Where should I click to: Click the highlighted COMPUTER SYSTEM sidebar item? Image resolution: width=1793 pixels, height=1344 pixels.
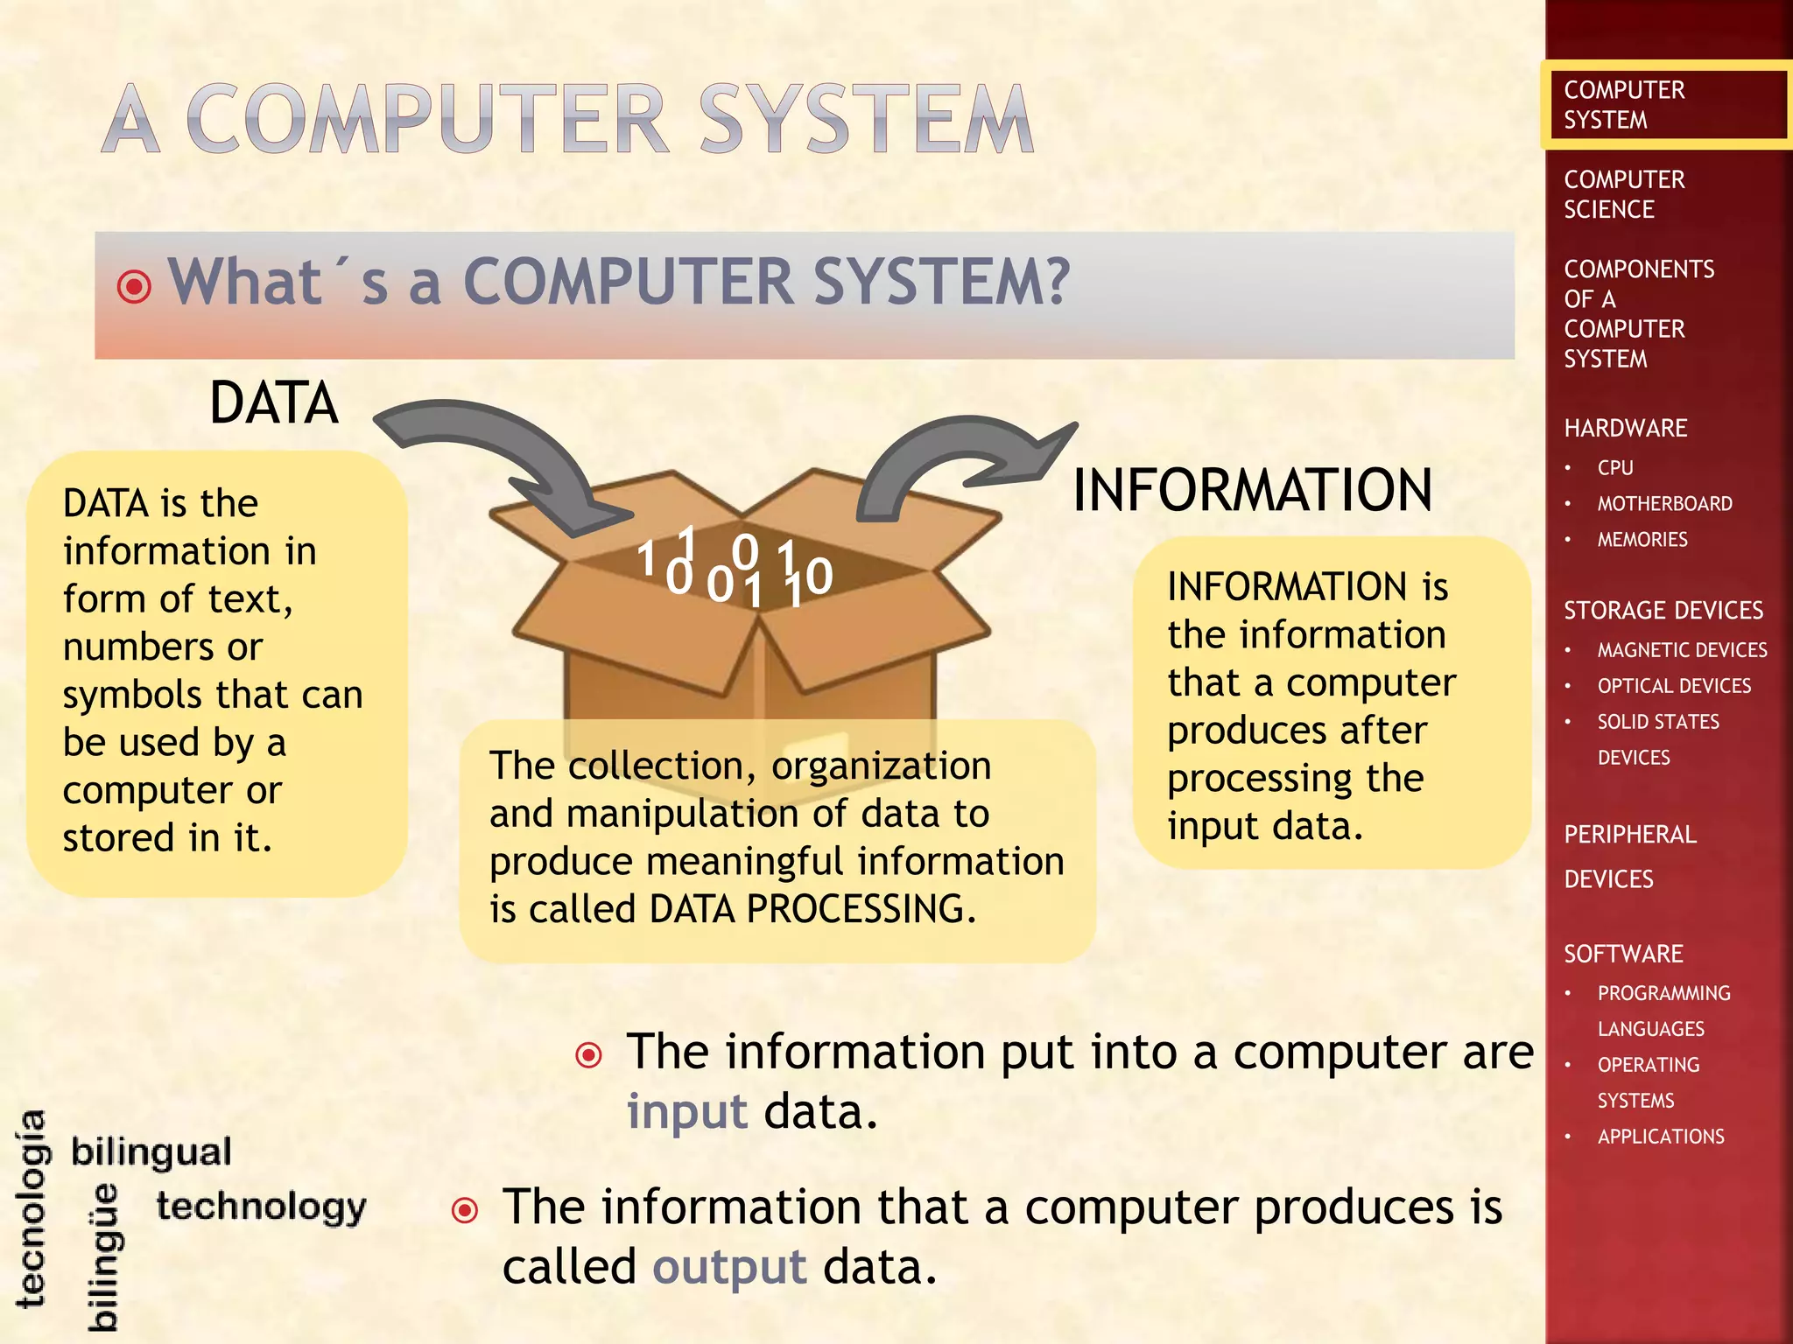pos(1624,105)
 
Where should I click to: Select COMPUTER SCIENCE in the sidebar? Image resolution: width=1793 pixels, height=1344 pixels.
pos(1624,194)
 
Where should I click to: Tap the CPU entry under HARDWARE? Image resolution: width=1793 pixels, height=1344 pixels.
pos(1614,468)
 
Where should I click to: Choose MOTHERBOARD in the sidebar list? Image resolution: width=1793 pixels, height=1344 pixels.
pos(1664,504)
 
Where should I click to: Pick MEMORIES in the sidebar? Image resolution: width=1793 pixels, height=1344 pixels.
pos(1642,540)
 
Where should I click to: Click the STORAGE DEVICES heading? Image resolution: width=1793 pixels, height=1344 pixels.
pos(1663,610)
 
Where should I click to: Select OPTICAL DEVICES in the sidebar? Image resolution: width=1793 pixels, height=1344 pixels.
pos(1674,686)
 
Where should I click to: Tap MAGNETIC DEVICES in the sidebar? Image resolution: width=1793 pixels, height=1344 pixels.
pos(1682,650)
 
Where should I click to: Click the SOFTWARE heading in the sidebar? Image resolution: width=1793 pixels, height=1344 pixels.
pos(1623,954)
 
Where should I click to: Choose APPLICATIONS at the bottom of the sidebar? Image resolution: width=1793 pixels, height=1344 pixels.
pos(1661,1137)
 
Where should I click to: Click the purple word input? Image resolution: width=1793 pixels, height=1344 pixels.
pos(687,1112)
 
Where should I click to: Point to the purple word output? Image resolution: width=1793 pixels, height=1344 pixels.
pos(729,1267)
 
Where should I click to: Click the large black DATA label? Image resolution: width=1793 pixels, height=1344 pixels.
pos(274,403)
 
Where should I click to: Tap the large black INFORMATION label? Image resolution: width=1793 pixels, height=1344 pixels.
pos(1252,489)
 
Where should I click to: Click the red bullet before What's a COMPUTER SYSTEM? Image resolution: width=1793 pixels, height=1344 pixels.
pos(134,286)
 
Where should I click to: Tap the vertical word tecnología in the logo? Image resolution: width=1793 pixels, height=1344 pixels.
pos(32,1208)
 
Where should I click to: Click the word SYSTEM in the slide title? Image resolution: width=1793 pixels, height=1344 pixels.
pos(867,120)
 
